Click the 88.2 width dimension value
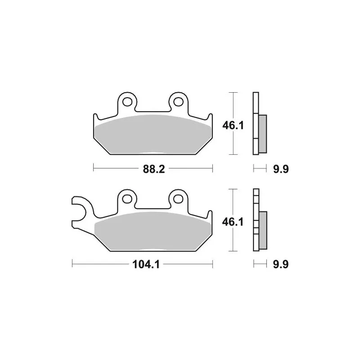[154, 169]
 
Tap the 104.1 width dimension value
[146, 265]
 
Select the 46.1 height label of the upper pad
[233, 126]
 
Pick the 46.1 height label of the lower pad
[233, 222]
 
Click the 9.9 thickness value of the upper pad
[281, 169]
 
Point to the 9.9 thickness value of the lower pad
[281, 265]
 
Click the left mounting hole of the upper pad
[127, 102]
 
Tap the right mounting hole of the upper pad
[178, 102]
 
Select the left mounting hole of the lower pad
[127, 198]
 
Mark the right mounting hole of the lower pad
[178, 198]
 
